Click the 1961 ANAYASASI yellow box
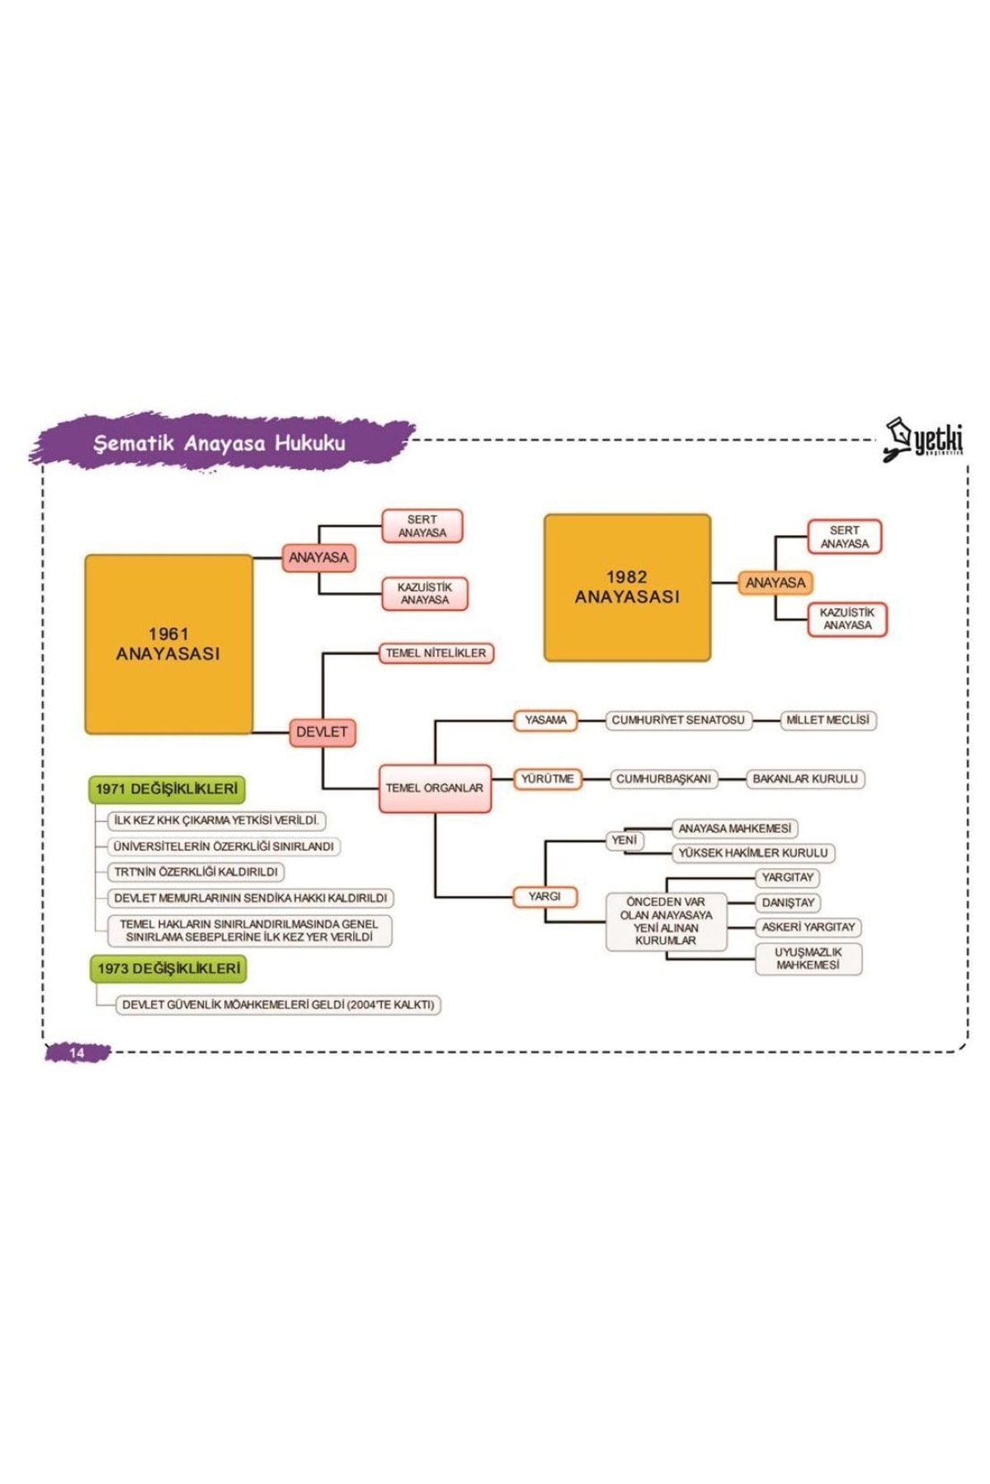point(168,644)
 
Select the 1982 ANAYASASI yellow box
point(627,587)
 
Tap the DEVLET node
point(322,732)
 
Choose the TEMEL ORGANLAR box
point(435,788)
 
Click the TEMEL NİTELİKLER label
point(436,653)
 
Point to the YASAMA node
point(545,721)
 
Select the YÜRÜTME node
point(547,779)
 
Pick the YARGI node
point(544,896)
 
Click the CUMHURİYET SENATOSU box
point(677,721)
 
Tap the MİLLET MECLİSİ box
point(827,721)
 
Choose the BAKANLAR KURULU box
point(804,779)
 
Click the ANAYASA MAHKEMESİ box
point(734,829)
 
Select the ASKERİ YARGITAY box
point(808,927)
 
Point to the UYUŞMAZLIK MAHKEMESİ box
point(808,959)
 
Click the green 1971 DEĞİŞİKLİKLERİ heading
point(167,789)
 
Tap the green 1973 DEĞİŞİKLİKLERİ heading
point(168,969)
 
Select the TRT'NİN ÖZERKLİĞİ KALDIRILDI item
point(196,872)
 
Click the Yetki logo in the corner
point(924,439)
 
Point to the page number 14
point(77,1053)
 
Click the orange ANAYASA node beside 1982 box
point(775,583)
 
